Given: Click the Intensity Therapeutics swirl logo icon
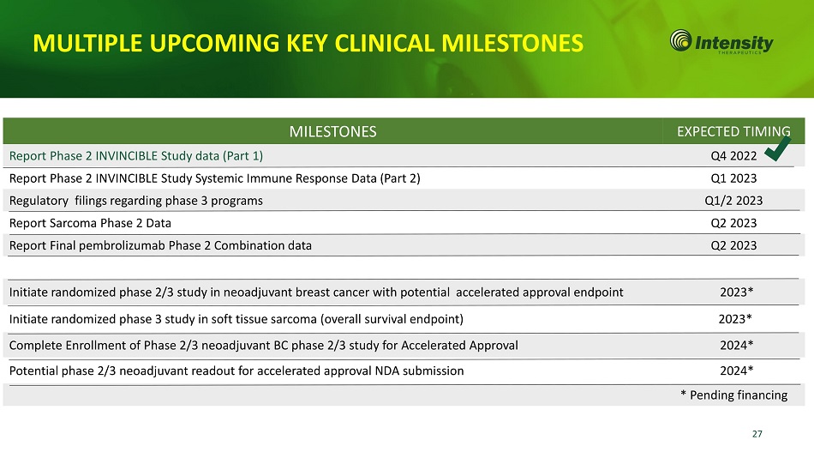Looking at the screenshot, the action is [x=680, y=40].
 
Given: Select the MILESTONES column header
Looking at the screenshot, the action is [x=332, y=131].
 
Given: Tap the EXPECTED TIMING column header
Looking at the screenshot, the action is [x=733, y=131].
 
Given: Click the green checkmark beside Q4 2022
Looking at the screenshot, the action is [x=778, y=149].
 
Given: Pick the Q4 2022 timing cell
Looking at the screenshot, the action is [x=733, y=156].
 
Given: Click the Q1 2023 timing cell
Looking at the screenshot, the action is [x=733, y=178].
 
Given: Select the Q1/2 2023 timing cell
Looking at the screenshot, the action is [x=733, y=201].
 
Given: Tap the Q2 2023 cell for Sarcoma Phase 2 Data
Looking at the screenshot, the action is [x=733, y=223].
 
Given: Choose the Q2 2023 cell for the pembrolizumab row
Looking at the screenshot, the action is [x=733, y=245].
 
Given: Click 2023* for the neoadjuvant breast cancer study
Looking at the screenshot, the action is [x=736, y=292].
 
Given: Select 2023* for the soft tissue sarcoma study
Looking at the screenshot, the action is [x=735, y=319].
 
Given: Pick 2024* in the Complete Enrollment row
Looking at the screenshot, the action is [x=736, y=345].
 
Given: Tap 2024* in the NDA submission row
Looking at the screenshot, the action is [x=736, y=371].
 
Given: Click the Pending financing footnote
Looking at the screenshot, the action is [x=733, y=395].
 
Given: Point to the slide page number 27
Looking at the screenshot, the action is [x=757, y=434].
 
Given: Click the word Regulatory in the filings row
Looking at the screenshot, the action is [x=39, y=202].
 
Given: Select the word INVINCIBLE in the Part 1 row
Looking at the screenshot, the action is [x=126, y=156].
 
